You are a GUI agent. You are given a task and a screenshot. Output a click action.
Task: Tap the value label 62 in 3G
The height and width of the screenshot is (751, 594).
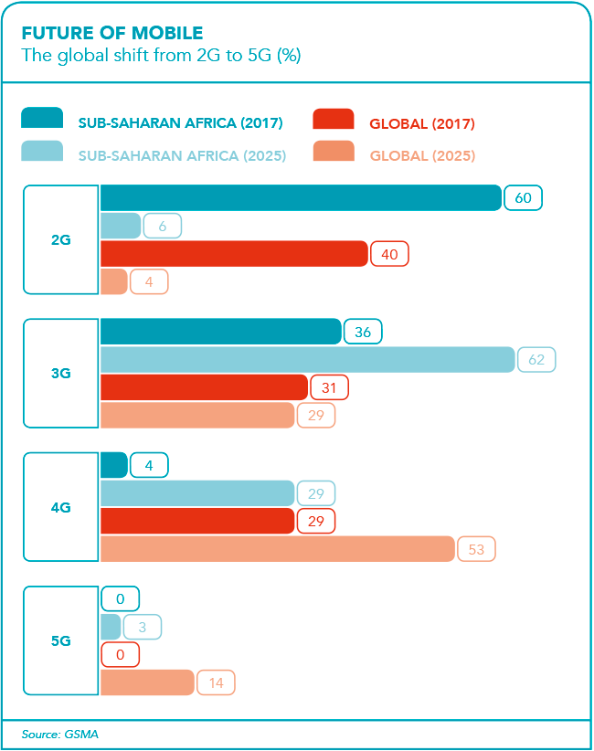(x=536, y=360)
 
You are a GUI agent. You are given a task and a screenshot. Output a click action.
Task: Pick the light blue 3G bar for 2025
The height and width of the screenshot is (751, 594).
(x=307, y=360)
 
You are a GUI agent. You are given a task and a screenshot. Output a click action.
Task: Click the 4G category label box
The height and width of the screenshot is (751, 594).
(x=61, y=507)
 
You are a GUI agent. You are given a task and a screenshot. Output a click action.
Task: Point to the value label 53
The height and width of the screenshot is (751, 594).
(x=475, y=549)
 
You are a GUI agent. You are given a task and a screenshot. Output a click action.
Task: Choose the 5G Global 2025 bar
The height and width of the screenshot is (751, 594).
(x=146, y=682)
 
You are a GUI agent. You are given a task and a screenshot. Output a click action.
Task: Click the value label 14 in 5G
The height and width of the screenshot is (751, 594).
(x=216, y=682)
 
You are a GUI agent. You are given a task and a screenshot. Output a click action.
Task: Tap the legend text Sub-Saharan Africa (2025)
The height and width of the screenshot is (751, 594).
(x=182, y=156)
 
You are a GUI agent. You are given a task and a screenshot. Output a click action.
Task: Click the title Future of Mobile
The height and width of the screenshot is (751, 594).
(x=111, y=34)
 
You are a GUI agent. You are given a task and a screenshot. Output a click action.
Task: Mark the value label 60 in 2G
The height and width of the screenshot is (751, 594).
(x=523, y=197)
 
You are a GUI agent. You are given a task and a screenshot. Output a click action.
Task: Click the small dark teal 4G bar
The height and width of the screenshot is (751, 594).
(x=113, y=465)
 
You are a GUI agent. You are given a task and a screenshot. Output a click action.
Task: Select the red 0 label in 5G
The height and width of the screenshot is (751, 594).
(x=120, y=655)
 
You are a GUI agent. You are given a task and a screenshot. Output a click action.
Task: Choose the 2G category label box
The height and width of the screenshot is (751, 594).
(x=61, y=239)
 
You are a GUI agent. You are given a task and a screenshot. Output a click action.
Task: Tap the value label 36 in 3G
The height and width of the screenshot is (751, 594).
(x=363, y=332)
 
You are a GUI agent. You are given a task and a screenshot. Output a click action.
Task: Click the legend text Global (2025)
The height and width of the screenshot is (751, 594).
(x=422, y=156)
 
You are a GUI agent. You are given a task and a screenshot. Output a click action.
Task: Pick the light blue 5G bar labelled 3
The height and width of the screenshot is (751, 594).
(x=110, y=627)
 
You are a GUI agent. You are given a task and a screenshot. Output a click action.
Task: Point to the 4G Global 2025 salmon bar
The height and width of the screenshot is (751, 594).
(x=276, y=549)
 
